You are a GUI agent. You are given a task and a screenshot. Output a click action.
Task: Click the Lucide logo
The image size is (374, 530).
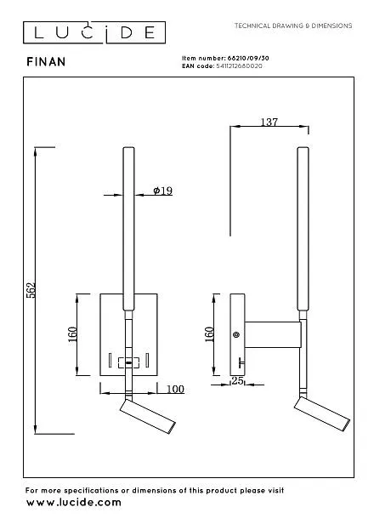point(94,32)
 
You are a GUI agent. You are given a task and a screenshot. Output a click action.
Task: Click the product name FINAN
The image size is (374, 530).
point(46,62)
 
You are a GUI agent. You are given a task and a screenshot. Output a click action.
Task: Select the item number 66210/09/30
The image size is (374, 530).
point(248,58)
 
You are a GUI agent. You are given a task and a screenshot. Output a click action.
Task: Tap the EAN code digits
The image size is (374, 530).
point(239,66)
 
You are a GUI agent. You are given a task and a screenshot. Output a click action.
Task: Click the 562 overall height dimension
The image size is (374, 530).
point(31,290)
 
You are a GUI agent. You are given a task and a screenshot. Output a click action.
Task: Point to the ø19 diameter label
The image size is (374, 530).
point(163,191)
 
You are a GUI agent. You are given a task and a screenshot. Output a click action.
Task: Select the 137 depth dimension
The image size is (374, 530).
point(269,122)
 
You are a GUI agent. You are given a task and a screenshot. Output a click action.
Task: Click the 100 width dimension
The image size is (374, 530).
point(175,389)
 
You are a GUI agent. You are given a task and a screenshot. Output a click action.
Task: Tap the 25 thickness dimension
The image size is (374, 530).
point(237,381)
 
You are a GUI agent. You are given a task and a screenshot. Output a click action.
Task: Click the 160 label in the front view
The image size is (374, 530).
point(72,334)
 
